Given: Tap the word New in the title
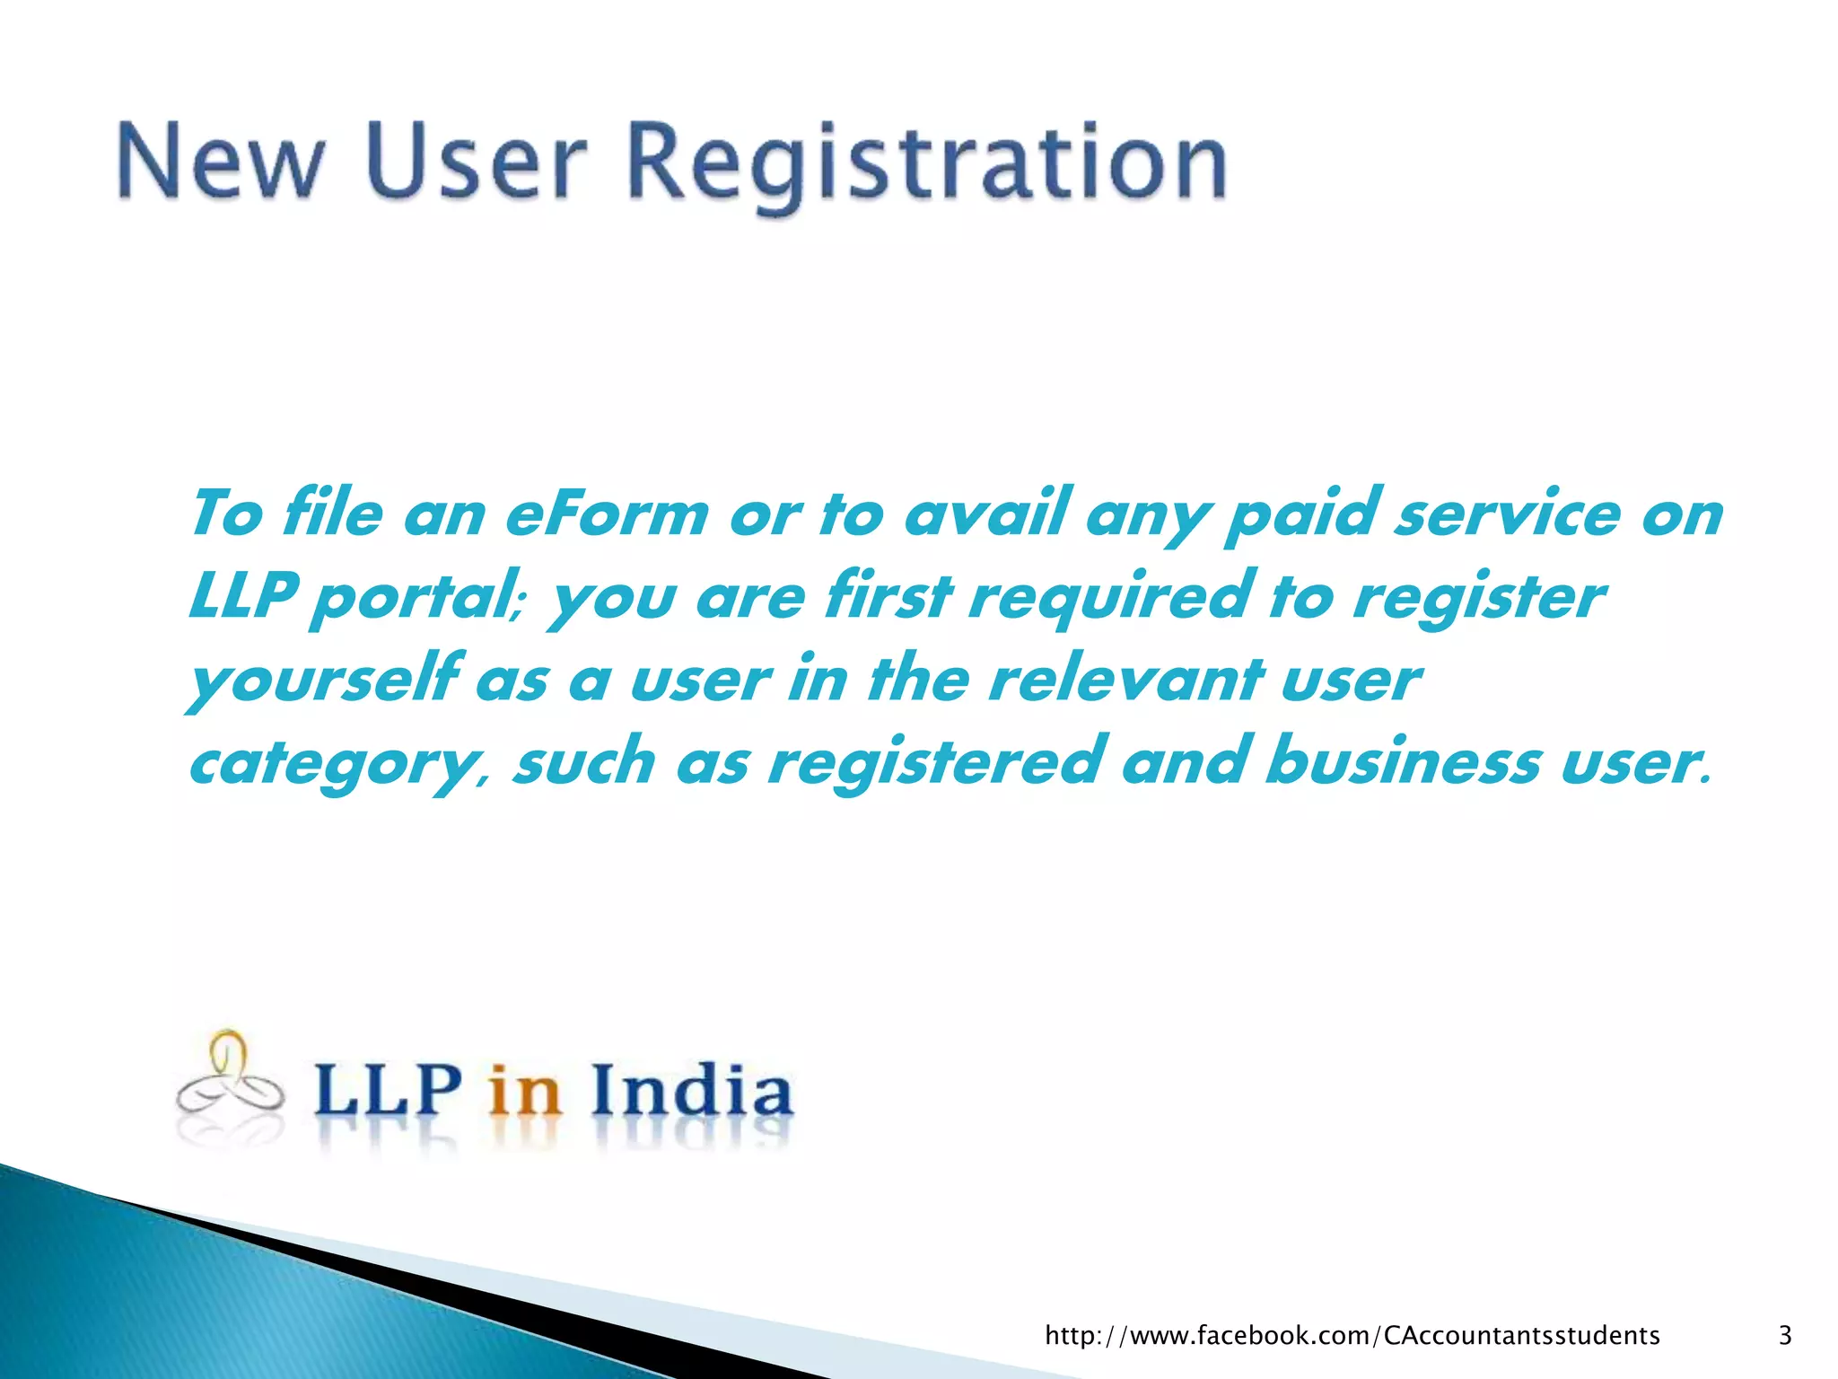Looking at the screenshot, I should click(220, 164).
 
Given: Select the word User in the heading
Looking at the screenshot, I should click(477, 164).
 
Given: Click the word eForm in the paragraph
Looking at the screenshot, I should click(607, 515).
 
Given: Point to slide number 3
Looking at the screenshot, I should click(1785, 1335).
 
